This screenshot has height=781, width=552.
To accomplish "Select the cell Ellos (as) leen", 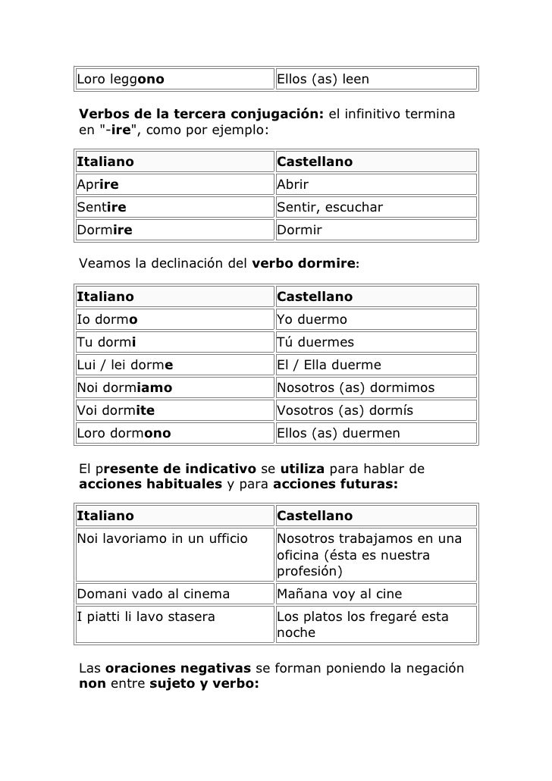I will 322,78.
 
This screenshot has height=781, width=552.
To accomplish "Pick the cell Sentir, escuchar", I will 330,208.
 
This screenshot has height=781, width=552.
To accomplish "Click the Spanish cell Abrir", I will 293,185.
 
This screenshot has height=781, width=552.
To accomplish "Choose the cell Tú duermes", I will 315,342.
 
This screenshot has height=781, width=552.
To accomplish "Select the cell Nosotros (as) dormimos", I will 356,387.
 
